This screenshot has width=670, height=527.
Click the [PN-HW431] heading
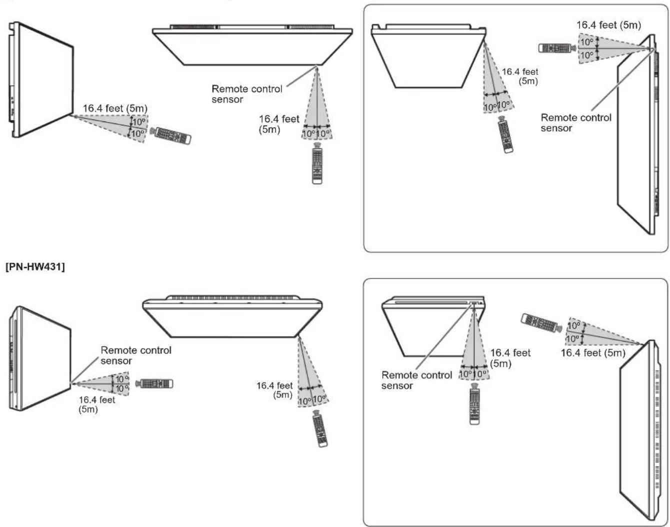pos(35,267)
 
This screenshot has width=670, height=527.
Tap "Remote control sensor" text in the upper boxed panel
pos(576,122)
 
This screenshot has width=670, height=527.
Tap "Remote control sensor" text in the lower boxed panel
pos(416,380)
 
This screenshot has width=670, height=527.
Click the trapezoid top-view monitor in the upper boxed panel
pos(428,56)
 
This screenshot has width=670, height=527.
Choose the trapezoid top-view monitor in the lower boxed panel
pos(433,326)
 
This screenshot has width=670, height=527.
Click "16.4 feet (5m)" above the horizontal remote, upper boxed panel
pos(608,25)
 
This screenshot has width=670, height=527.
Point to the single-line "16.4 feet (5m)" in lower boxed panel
pos(593,353)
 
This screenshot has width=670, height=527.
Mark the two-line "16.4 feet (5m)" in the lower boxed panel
pos(510,358)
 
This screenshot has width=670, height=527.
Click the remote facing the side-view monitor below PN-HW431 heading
pos(154,383)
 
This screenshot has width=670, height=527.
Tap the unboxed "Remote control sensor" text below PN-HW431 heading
pos(135,355)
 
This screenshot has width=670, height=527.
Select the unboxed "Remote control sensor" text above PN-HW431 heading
pos(247,94)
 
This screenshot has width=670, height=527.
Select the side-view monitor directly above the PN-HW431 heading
pos(41,79)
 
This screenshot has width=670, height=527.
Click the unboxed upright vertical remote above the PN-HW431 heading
pos(317,163)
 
